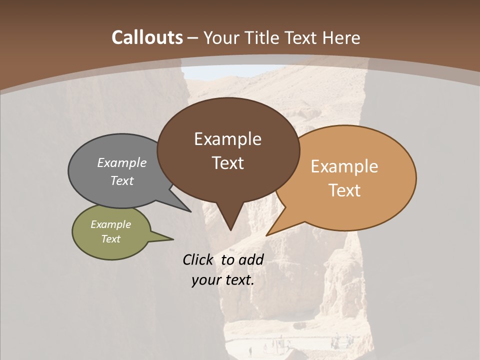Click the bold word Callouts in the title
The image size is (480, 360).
click(147, 37)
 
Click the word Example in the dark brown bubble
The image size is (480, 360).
click(227, 139)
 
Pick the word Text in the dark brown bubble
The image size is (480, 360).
click(227, 163)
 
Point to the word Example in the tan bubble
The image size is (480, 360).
click(344, 166)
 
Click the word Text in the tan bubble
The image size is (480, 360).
click(344, 190)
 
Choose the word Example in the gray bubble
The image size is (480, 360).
click(122, 162)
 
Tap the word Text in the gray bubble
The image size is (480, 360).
click(122, 180)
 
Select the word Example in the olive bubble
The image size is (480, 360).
click(110, 224)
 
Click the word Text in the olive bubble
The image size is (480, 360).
click(110, 239)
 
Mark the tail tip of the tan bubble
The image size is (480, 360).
click(267, 235)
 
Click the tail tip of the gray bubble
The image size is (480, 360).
click(190, 211)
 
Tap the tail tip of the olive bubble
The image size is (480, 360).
click(173, 238)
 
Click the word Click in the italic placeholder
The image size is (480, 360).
click(198, 259)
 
